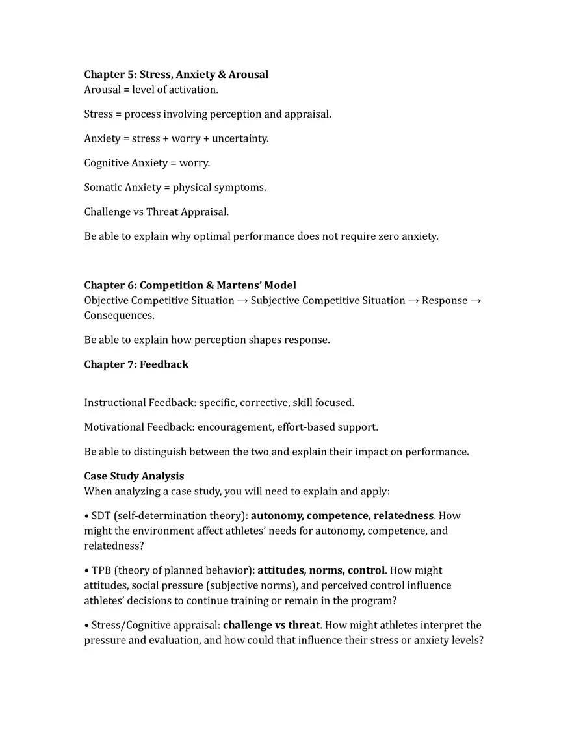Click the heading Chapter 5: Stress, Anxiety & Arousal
[x=176, y=75]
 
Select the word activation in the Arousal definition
[x=194, y=90]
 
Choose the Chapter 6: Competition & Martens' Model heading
[x=190, y=285]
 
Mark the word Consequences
[x=118, y=316]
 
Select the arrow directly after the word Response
[x=476, y=301]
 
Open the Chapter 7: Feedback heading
[x=136, y=364]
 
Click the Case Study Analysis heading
[x=134, y=476]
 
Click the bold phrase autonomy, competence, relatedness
[x=342, y=516]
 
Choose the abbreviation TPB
[x=101, y=570]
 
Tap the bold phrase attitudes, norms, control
[x=321, y=570]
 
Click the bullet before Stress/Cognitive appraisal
[x=86, y=626]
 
